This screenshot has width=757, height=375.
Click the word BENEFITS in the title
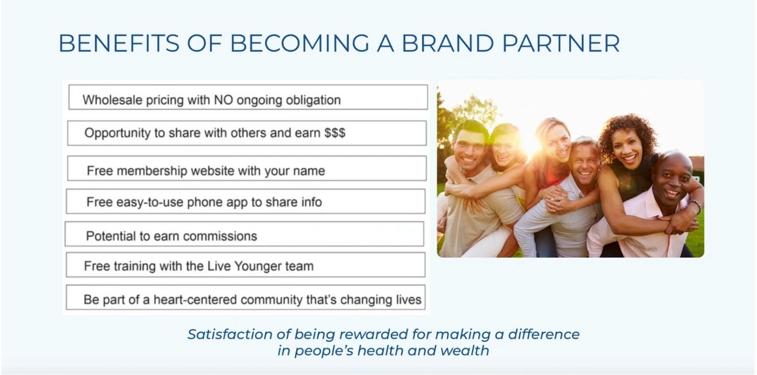[x=119, y=43]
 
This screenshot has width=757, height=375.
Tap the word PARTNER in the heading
[x=561, y=43]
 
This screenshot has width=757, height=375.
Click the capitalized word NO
[x=223, y=100]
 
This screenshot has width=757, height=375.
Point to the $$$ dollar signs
[x=335, y=133]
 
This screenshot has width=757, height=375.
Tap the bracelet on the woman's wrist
[x=696, y=206]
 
